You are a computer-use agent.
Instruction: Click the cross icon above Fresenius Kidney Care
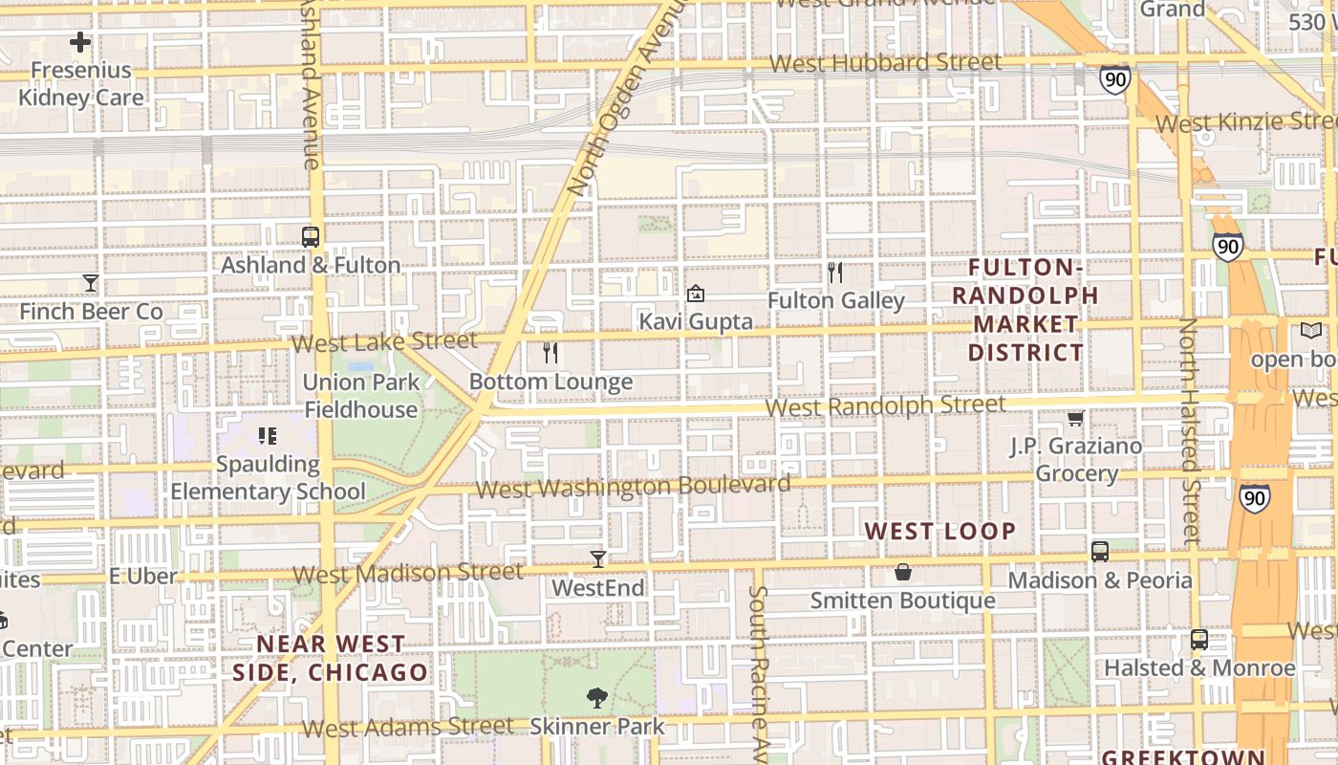(x=80, y=42)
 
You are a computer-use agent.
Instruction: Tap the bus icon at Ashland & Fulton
(x=310, y=237)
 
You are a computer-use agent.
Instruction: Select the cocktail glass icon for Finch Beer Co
(x=91, y=283)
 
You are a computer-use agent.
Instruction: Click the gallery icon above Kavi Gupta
(x=696, y=294)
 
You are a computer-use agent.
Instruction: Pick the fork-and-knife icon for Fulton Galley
(x=835, y=273)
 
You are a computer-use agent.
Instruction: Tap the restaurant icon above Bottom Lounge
(x=550, y=354)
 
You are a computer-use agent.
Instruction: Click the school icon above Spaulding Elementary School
(x=268, y=436)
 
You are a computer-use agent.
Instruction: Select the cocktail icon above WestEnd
(x=598, y=559)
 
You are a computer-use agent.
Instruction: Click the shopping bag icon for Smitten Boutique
(x=903, y=573)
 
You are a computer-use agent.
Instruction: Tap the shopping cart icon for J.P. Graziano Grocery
(x=1076, y=418)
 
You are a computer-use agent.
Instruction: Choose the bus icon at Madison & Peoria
(x=1100, y=552)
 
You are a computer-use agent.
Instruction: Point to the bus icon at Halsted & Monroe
(x=1199, y=640)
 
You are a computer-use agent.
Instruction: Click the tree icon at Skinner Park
(x=597, y=698)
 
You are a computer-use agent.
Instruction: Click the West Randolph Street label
(x=886, y=405)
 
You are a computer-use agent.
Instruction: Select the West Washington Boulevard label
(x=633, y=488)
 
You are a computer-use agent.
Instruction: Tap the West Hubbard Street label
(x=886, y=63)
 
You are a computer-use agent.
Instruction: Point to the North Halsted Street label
(x=1190, y=430)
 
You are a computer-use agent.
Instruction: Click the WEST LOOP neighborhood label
(x=939, y=531)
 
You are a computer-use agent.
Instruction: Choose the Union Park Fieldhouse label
(x=361, y=396)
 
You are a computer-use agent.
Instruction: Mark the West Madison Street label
(x=408, y=573)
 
